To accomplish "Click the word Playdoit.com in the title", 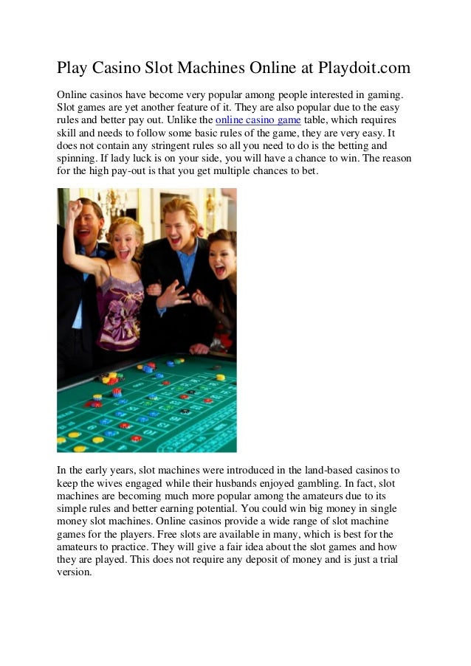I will click(364, 69).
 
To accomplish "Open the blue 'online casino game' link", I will click(258, 119).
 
